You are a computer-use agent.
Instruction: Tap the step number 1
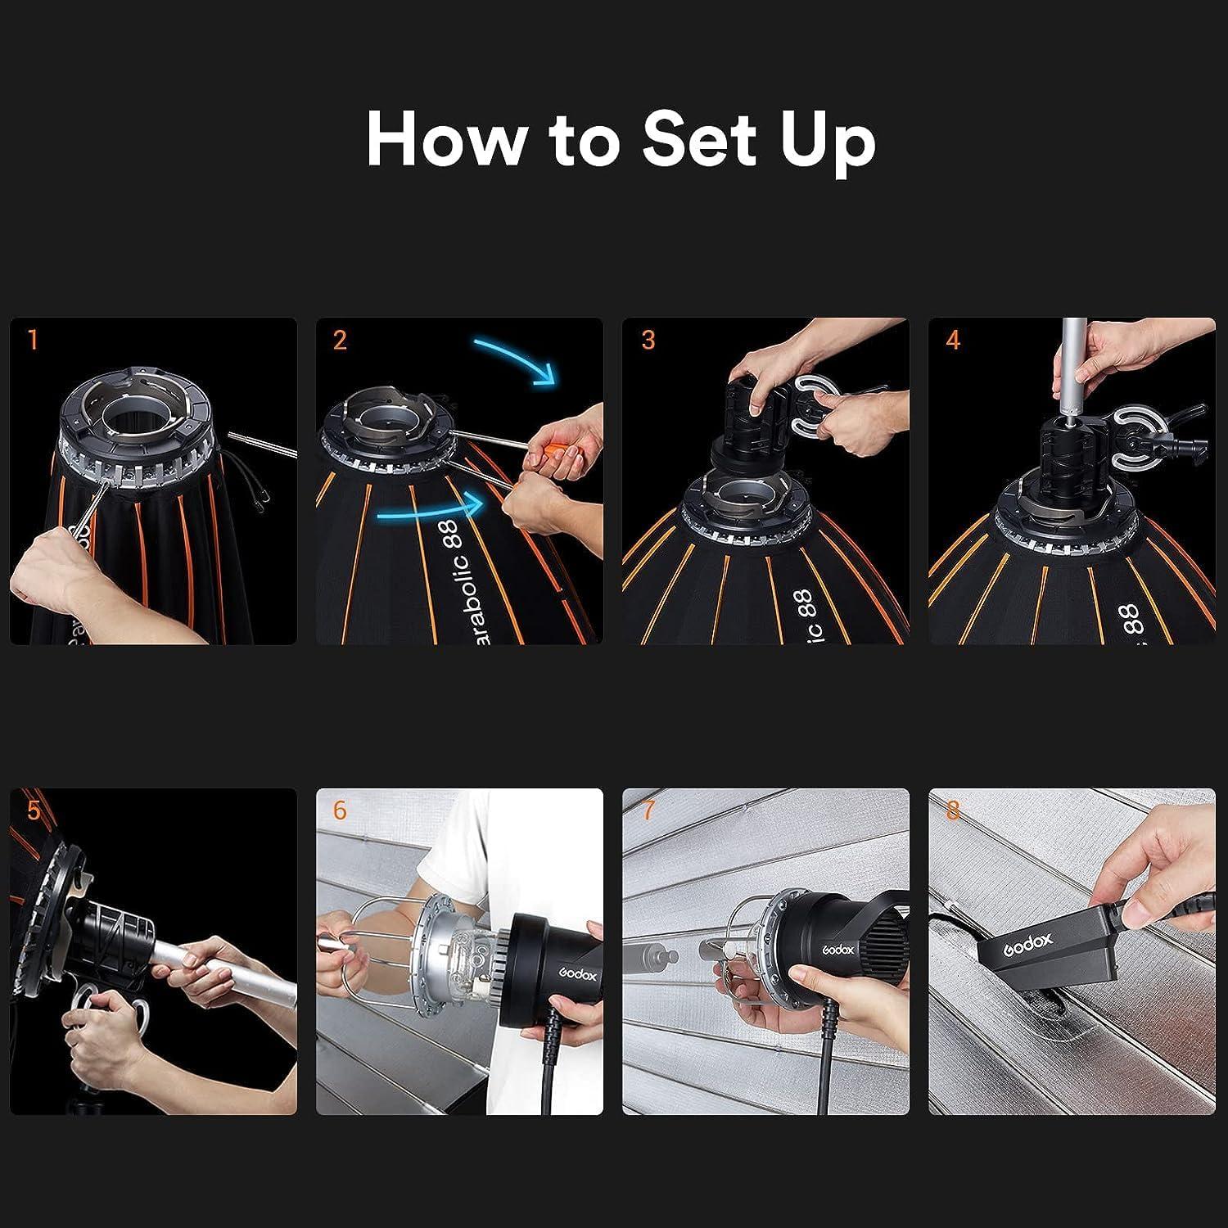[33, 340]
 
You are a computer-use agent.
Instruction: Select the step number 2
[340, 340]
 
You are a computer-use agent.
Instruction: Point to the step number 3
[648, 340]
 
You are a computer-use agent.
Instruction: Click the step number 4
[952, 340]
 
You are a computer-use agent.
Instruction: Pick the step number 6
[340, 810]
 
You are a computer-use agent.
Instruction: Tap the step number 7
[648, 810]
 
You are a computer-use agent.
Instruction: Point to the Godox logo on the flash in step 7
[838, 950]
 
